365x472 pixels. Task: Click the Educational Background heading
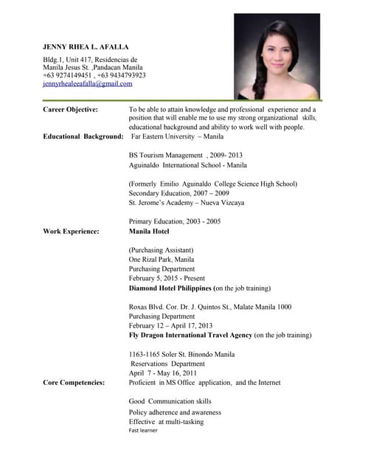click(x=83, y=136)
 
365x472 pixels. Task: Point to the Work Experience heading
click(x=71, y=232)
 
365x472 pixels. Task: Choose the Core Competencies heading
click(x=74, y=383)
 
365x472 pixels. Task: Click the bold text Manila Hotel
click(x=149, y=232)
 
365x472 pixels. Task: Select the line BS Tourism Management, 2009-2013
click(x=185, y=156)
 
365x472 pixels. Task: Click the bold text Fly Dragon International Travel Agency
click(x=190, y=335)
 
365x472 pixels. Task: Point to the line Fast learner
click(x=143, y=430)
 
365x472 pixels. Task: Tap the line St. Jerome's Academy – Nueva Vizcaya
click(x=186, y=203)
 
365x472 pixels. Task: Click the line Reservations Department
click(x=168, y=364)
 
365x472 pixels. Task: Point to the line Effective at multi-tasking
click(x=166, y=421)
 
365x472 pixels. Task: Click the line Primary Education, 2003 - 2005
click(x=175, y=222)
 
